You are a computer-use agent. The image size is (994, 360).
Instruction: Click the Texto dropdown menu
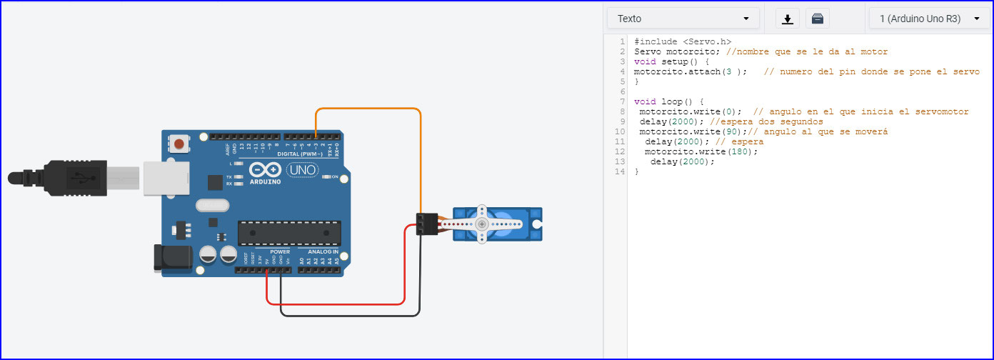[683, 19]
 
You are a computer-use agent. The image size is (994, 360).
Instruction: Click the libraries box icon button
[818, 19]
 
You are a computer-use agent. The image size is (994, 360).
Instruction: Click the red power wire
[336, 304]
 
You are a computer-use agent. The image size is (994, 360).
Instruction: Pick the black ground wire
[350, 315]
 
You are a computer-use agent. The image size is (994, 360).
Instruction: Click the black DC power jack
[172, 259]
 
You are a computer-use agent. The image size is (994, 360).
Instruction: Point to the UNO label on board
[303, 170]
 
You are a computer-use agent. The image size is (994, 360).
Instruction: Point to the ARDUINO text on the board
[265, 181]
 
